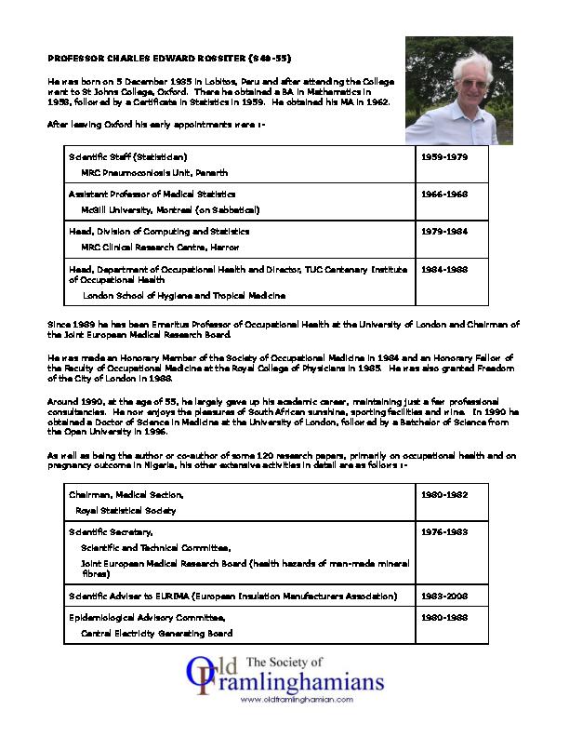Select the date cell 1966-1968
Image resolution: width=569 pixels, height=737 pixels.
tap(444, 194)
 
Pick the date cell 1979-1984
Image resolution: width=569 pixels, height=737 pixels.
tap(444, 231)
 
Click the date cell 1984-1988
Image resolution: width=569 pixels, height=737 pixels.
tap(444, 269)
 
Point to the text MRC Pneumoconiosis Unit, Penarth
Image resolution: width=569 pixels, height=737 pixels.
tap(153, 172)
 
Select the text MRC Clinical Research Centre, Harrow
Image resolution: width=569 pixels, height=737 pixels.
tap(160, 247)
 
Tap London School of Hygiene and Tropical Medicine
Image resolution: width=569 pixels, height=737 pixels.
tap(183, 295)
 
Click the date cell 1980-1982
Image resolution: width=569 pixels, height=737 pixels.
tap(444, 495)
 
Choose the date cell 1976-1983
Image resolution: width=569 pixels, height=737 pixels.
tap(444, 531)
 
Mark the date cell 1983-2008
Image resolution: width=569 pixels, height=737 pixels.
tap(444, 596)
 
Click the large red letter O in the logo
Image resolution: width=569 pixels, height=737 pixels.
tap(198, 677)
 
